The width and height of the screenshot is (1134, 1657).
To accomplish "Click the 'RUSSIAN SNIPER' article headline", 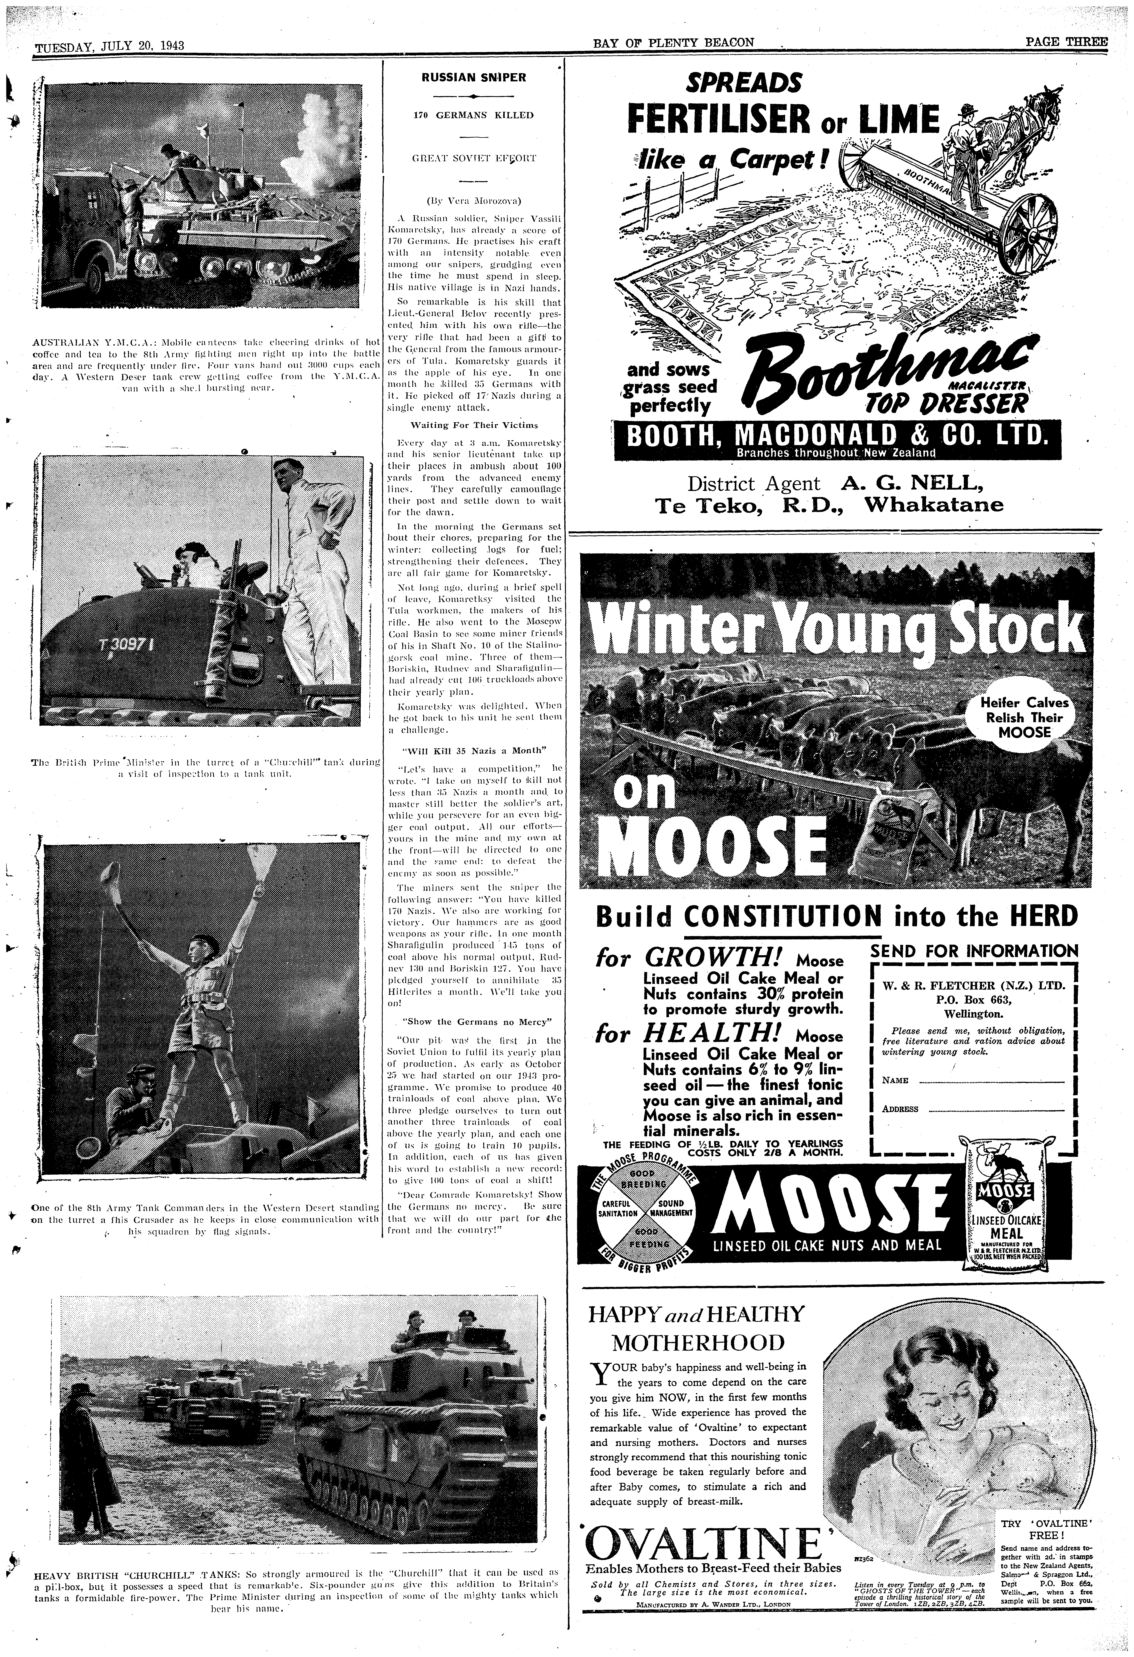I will pyautogui.click(x=473, y=77).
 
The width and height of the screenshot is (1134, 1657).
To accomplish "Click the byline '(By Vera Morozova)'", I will pyautogui.click(x=473, y=202).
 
